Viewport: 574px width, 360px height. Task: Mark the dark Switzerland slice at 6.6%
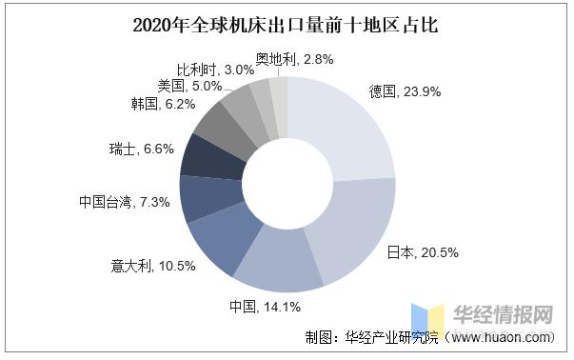click(203, 157)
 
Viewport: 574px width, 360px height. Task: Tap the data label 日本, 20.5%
click(423, 252)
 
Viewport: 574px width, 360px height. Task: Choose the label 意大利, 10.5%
click(153, 266)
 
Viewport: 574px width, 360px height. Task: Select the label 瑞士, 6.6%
click(139, 150)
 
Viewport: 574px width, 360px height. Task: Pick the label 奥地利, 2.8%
click(293, 59)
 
